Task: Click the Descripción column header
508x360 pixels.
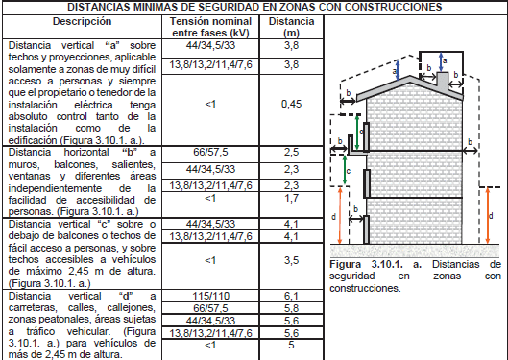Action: click(x=82, y=22)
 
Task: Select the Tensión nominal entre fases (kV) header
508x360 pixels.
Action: click(x=210, y=27)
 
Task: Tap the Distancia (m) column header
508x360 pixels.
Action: click(x=291, y=27)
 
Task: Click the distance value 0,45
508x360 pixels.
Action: click(x=291, y=104)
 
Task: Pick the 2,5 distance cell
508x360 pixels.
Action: click(x=291, y=152)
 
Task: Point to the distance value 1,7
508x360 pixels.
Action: click(x=291, y=198)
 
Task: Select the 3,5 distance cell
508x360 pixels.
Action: click(x=291, y=260)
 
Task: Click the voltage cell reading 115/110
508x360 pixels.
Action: click(x=210, y=296)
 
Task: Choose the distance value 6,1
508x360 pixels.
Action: click(x=291, y=296)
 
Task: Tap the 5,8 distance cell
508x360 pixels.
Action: click(x=291, y=308)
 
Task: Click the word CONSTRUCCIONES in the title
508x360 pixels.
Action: click(x=393, y=7)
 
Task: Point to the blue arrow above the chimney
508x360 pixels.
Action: click(x=441, y=62)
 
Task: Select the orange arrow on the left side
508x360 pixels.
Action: click(x=340, y=216)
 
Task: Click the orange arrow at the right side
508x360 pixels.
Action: click(x=488, y=216)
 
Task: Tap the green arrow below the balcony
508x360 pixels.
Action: click(x=345, y=170)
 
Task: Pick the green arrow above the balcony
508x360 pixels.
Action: click(x=357, y=132)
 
